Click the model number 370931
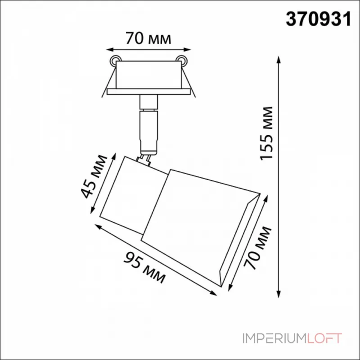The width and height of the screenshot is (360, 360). (319, 19)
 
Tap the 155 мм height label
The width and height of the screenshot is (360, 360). (266, 133)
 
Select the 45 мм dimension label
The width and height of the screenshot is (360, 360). (94, 176)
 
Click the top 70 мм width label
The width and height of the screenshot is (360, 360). (148, 38)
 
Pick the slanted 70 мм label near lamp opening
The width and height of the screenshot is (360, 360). (257, 248)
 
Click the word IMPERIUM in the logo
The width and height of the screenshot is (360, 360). (274, 338)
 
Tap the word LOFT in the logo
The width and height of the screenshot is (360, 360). (324, 338)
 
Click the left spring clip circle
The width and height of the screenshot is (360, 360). (114, 60)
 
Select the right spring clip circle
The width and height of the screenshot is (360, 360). (181, 60)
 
